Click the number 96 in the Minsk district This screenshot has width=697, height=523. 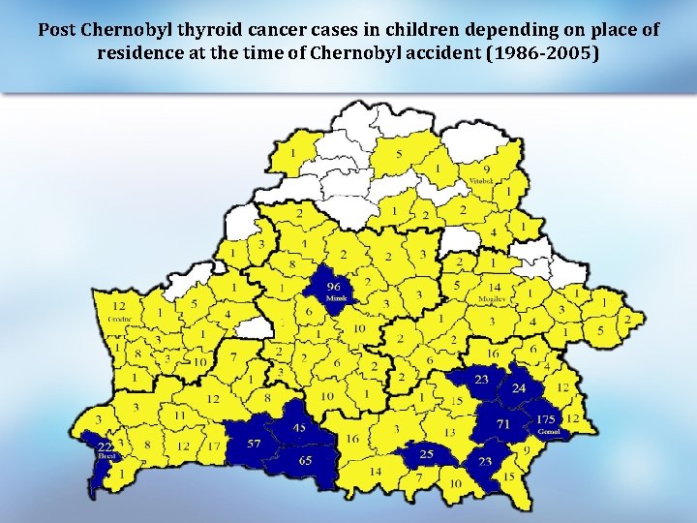[x=334, y=287]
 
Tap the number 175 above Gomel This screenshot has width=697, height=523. [x=545, y=418]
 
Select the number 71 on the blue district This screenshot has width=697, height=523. [x=503, y=424]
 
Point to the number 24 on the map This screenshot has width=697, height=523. [x=519, y=388]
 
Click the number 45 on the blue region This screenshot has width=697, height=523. [x=300, y=428]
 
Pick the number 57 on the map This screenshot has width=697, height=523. [x=254, y=444]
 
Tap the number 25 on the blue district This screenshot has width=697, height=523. [x=427, y=452]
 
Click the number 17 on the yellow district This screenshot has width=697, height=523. [x=214, y=446]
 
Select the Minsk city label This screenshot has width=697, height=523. [x=335, y=299]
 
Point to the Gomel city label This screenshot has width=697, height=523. [x=549, y=431]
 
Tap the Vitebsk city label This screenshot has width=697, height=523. [x=481, y=181]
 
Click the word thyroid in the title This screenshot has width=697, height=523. [x=207, y=30]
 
